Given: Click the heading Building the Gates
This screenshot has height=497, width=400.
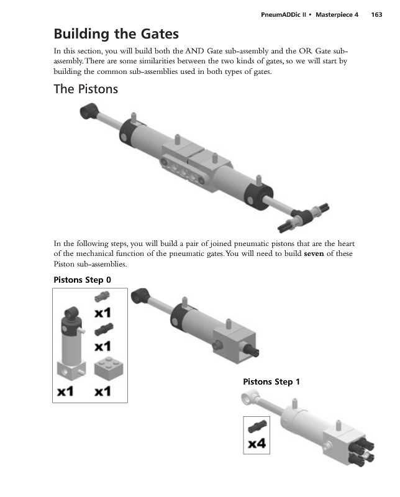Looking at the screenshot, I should click(116, 34).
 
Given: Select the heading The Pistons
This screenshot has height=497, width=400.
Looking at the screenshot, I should click(86, 89).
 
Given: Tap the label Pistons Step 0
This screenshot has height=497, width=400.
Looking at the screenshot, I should click(83, 280).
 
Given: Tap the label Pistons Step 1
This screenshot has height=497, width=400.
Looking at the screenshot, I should click(271, 381).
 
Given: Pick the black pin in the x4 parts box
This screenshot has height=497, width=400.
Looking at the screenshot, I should click(257, 426).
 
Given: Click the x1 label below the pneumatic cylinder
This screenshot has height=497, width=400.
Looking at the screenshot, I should click(67, 391).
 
